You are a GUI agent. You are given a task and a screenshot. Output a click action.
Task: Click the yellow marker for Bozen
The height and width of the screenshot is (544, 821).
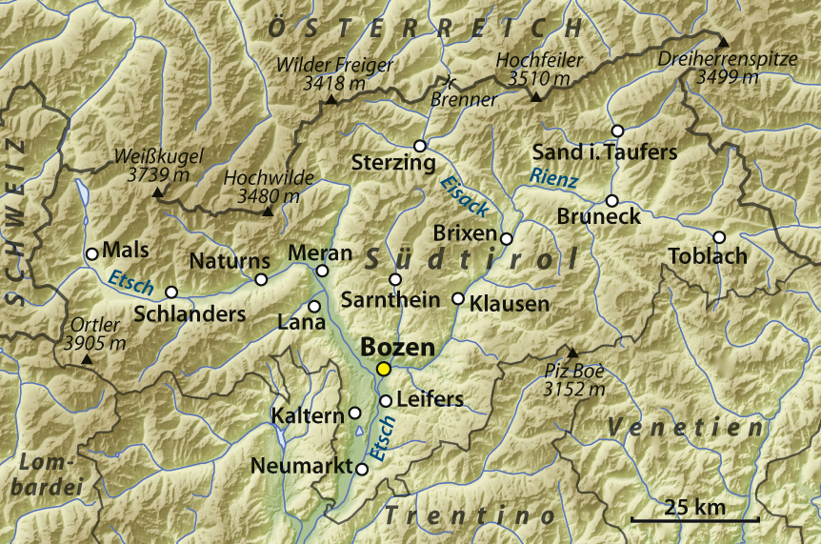pos(384,369)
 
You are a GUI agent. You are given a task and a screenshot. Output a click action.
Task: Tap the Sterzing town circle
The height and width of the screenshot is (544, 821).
pos(420,146)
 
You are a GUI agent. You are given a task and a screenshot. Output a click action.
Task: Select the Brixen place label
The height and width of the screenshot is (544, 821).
pos(465,233)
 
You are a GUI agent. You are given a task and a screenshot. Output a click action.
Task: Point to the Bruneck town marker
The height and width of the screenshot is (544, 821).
pos(612,200)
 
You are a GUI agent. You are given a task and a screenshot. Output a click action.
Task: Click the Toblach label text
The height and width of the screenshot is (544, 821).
pos(707,256)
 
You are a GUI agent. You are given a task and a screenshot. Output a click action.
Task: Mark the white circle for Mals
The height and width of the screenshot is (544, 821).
pos(92,253)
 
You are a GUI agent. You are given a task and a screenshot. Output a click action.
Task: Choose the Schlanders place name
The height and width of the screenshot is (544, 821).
pos(190,313)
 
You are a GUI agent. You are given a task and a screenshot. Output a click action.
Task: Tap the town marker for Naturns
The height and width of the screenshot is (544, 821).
pos(262,279)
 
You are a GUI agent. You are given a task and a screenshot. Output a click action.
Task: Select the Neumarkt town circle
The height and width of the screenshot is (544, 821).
pos(362,469)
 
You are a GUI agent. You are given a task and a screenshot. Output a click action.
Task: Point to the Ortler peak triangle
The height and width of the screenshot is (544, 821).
pos(88,359)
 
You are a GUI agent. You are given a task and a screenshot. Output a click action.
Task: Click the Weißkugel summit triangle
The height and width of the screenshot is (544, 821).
pos(157,193)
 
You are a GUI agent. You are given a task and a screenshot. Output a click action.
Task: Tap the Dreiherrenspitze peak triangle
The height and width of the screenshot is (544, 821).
pos(723,42)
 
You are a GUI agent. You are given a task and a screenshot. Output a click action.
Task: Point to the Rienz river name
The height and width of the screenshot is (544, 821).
pos(554,176)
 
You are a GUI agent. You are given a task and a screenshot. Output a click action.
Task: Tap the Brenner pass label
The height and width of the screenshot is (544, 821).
pos(464,99)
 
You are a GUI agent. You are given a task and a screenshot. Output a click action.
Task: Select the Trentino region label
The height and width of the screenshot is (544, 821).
pos(471,515)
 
